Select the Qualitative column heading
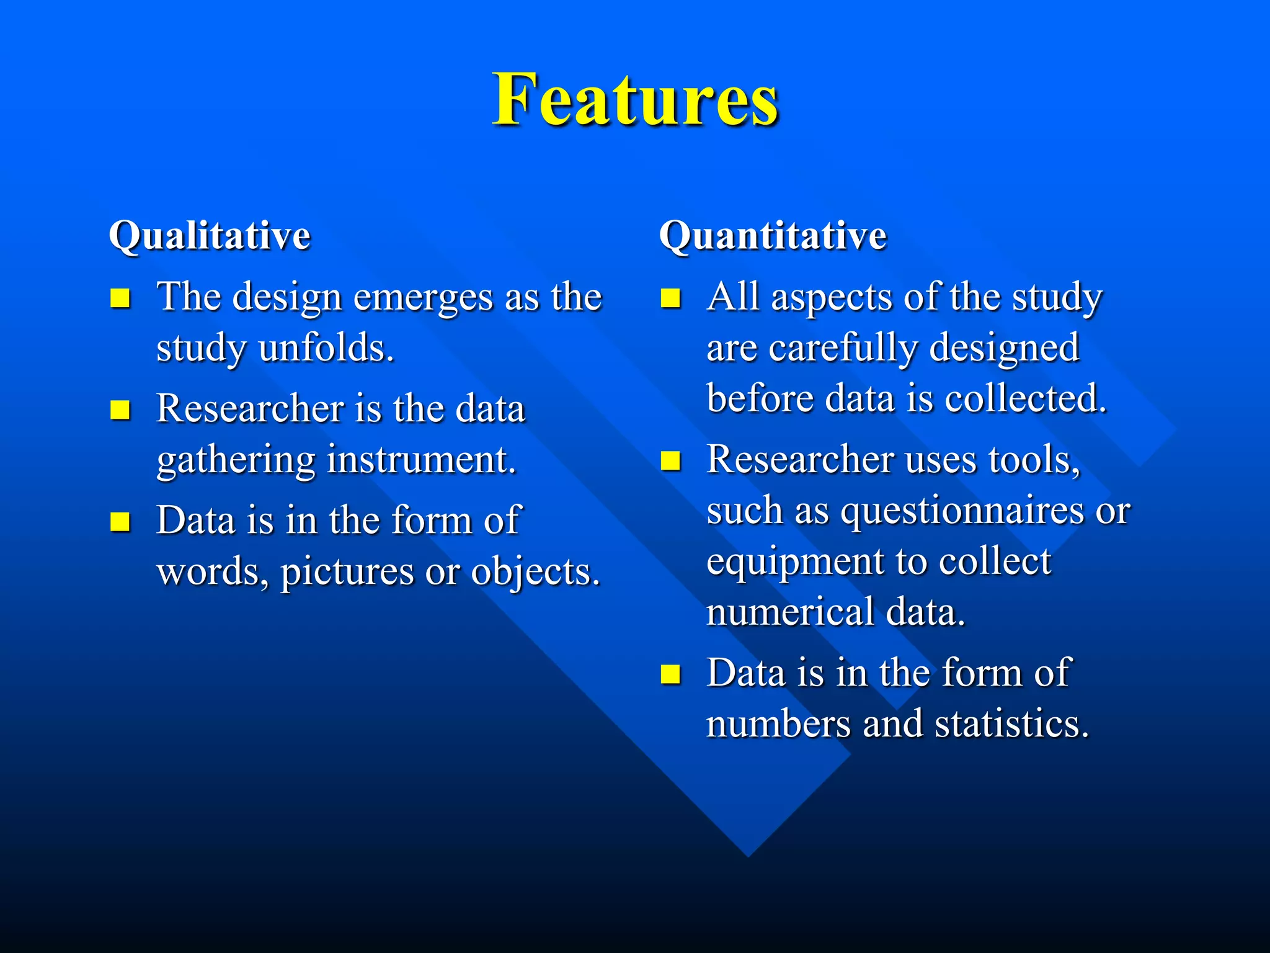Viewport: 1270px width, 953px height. (210, 236)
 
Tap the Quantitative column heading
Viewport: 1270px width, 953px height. (773, 236)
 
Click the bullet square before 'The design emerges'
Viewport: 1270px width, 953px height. (120, 298)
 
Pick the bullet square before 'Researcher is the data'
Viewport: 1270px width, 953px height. (120, 410)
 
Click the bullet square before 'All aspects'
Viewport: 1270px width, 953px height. (670, 298)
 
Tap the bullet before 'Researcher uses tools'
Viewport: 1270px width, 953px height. (670, 461)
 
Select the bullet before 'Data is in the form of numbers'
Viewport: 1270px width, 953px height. (670, 674)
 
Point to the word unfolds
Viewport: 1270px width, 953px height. (326, 348)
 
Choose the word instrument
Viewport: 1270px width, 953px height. (422, 460)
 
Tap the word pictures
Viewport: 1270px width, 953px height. (347, 572)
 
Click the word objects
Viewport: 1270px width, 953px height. (536, 572)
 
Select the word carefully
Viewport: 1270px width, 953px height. (842, 348)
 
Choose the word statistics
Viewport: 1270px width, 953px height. (1011, 725)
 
